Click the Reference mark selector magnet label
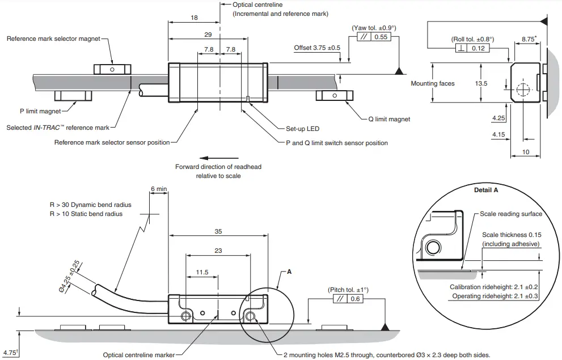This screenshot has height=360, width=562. (x=53, y=39)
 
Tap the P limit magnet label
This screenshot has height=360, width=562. (x=40, y=112)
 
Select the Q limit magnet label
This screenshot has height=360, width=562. (x=388, y=119)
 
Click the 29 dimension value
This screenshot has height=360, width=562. (x=208, y=35)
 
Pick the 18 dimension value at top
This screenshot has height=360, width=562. (x=194, y=18)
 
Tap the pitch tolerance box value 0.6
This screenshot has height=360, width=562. (x=356, y=299)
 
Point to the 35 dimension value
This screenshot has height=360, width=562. (x=218, y=231)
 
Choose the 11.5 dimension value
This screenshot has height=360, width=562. (x=202, y=272)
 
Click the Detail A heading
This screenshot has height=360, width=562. (x=485, y=190)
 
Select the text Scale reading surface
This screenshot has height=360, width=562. (x=510, y=214)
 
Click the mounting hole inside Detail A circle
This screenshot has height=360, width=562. (x=434, y=247)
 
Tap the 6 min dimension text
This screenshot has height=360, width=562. (x=159, y=188)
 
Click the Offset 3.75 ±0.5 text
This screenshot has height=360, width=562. (x=317, y=48)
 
